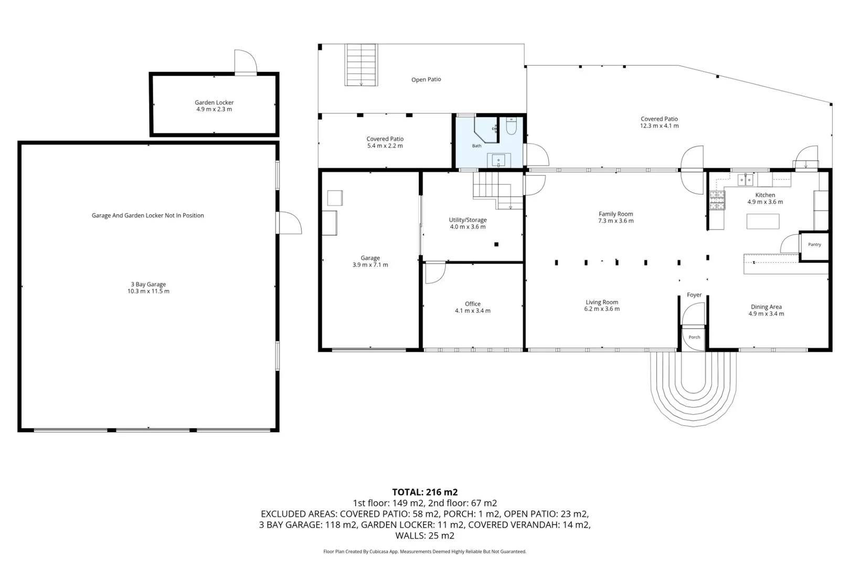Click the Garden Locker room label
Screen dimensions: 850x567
(214, 102)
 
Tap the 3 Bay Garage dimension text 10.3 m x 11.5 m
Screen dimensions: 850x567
(148, 291)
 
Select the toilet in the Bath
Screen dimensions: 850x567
(511, 126)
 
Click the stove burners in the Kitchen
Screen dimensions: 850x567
(717, 200)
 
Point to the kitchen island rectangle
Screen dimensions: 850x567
(763, 222)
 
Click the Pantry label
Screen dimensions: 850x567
(814, 245)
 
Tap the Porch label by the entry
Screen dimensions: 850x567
(694, 337)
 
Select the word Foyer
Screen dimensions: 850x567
(694, 295)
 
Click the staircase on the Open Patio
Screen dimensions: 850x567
(361, 65)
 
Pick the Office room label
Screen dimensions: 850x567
(472, 304)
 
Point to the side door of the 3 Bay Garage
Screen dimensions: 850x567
(289, 223)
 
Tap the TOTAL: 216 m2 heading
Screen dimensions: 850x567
(424, 492)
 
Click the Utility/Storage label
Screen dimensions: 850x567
(467, 220)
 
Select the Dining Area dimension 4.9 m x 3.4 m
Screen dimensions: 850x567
(766, 314)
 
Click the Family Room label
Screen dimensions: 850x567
(616, 214)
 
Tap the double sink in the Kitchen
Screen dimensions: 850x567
(745, 180)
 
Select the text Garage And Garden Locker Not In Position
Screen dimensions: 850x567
(147, 215)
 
